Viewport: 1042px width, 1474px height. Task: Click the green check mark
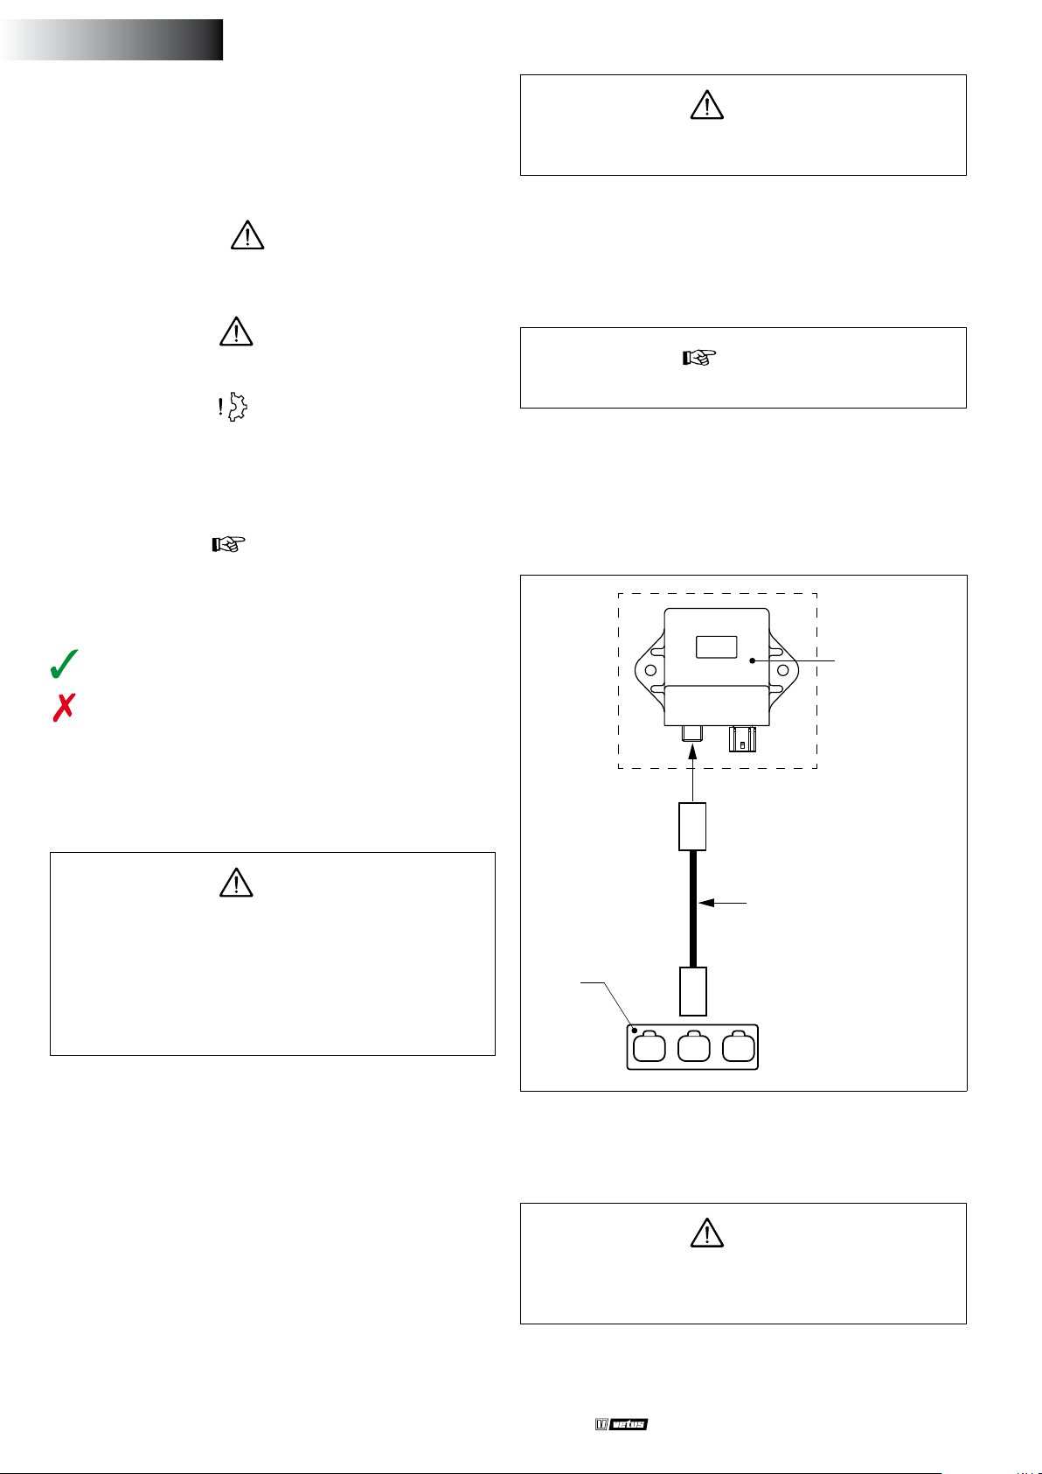pyautogui.click(x=64, y=663)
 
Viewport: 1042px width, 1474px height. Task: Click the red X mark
pyautogui.click(x=64, y=708)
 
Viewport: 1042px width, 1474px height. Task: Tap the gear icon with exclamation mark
pyautogui.click(x=233, y=407)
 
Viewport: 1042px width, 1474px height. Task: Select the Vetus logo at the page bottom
pyautogui.click(x=622, y=1424)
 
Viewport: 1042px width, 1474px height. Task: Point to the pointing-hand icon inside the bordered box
pyautogui.click(x=698, y=357)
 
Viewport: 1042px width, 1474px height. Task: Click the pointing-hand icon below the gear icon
pyautogui.click(x=229, y=544)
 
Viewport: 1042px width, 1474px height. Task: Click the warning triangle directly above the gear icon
pyautogui.click(x=236, y=331)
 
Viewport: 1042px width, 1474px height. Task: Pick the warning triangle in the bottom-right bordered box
pyautogui.click(x=706, y=1233)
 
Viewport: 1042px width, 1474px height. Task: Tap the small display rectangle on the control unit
pyautogui.click(x=717, y=646)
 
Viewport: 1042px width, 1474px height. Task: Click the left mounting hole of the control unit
pyautogui.click(x=651, y=671)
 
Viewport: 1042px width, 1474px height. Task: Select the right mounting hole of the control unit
pyautogui.click(x=783, y=671)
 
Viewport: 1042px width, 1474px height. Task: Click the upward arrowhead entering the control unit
pyautogui.click(x=692, y=751)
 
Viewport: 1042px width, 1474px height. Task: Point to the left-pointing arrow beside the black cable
pyautogui.click(x=722, y=903)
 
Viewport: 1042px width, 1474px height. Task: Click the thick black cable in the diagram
pyautogui.click(x=693, y=909)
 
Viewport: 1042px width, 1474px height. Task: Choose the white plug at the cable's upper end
pyautogui.click(x=692, y=827)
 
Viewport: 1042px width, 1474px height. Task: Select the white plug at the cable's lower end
pyautogui.click(x=693, y=992)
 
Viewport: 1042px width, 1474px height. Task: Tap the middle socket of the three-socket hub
pyautogui.click(x=693, y=1046)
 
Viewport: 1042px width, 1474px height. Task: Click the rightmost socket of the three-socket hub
pyautogui.click(x=739, y=1046)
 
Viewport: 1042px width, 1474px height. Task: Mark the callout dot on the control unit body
pyautogui.click(x=753, y=660)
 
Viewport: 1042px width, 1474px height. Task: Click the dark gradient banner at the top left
pyautogui.click(x=112, y=39)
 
